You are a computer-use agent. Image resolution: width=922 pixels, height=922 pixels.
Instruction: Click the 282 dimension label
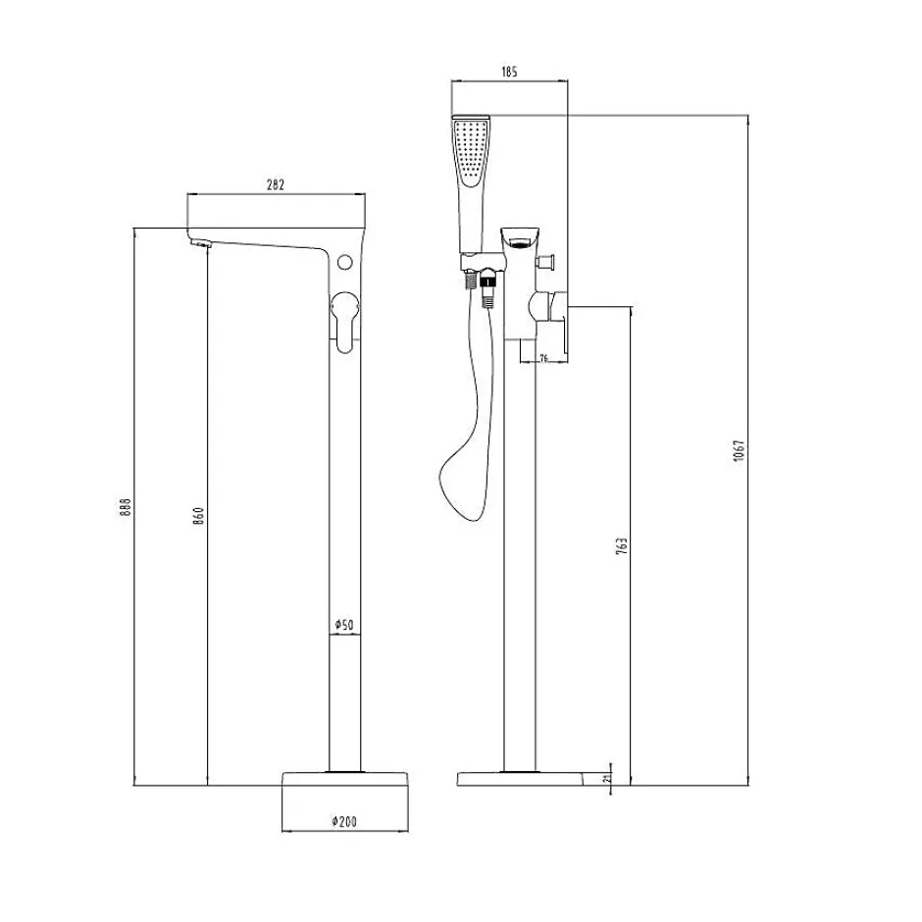point(276,184)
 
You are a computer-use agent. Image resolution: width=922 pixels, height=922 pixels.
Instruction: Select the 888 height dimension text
point(126,507)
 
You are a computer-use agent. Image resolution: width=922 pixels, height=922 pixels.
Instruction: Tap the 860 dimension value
point(199,515)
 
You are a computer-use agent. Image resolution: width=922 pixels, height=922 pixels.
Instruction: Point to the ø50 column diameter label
point(344,625)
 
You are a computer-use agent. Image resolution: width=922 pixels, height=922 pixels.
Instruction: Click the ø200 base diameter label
point(344,821)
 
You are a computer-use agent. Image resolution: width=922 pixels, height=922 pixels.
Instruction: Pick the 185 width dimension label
point(509,72)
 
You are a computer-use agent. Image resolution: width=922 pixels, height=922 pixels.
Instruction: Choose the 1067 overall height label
point(740,450)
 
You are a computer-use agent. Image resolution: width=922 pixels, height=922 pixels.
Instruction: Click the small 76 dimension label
point(543,358)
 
